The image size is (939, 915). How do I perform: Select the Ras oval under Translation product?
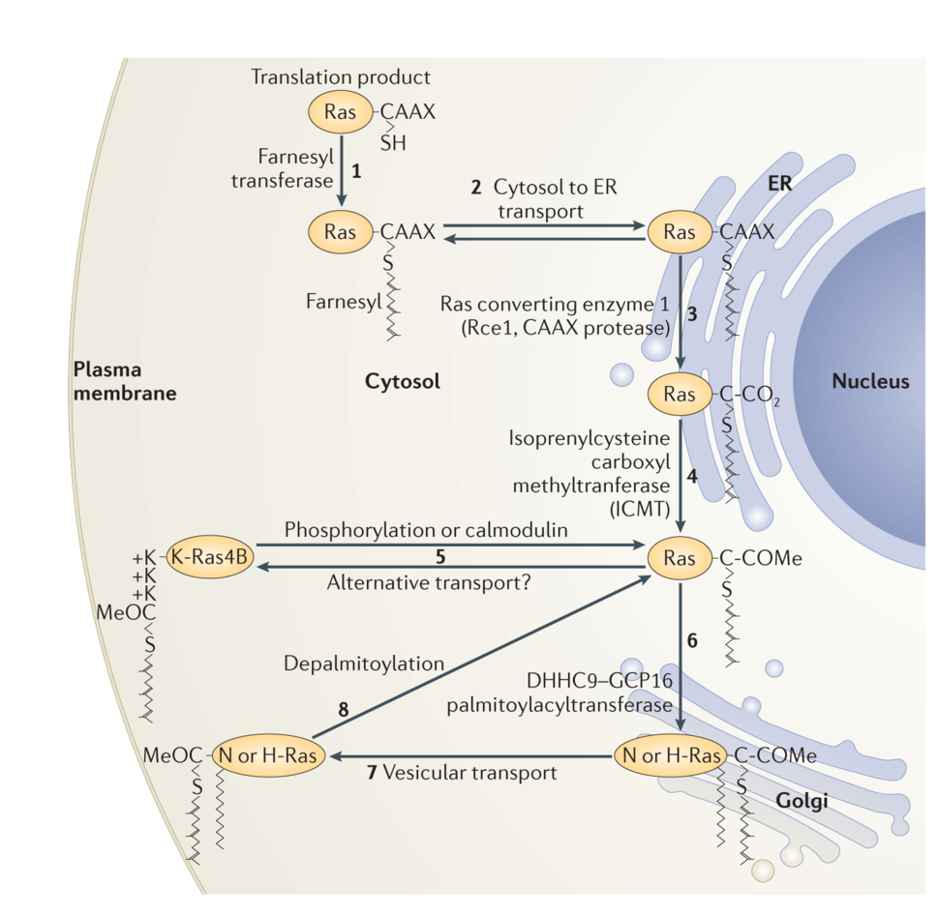click(341, 113)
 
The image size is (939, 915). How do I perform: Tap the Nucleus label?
click(870, 381)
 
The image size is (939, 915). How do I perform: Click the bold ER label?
click(779, 184)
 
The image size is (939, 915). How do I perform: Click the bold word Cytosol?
click(402, 381)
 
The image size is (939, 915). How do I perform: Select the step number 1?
click(356, 171)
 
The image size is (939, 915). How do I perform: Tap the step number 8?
click(343, 709)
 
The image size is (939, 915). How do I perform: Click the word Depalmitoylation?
click(364, 664)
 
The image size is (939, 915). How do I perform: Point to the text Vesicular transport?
click(469, 773)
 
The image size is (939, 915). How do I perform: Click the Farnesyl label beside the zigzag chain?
click(344, 301)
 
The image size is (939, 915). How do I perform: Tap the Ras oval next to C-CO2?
click(680, 394)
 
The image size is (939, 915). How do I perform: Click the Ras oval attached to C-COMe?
click(680, 559)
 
